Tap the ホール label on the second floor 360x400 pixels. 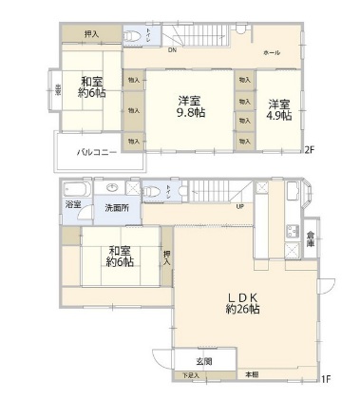[x=272, y=53]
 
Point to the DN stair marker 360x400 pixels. [x=172, y=51]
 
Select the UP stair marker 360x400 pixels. [x=239, y=206]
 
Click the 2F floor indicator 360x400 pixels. [x=309, y=149]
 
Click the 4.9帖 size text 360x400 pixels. [x=277, y=115]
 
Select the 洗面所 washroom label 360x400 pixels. [x=117, y=208]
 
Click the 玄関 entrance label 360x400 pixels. [x=204, y=361]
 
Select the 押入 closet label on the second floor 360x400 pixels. [x=91, y=34]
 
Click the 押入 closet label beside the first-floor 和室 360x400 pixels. [x=167, y=256]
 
